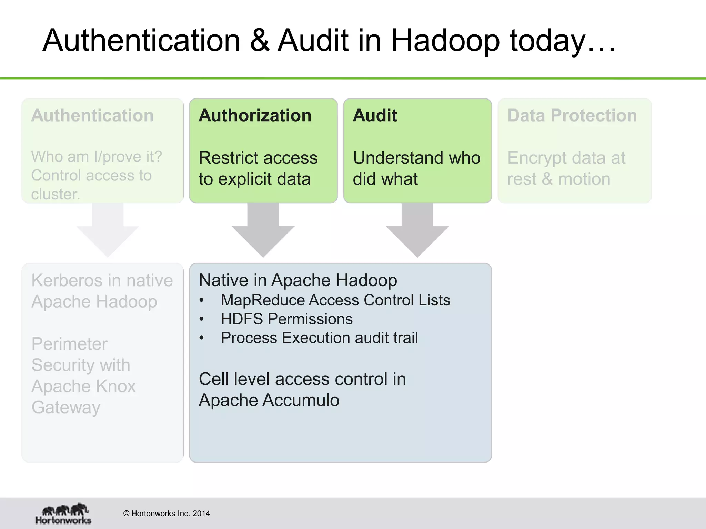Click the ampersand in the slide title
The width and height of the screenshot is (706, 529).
coord(259,41)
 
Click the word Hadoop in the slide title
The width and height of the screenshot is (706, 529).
coord(445,41)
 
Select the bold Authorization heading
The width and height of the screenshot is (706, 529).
coord(255,115)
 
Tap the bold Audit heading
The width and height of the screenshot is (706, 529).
coord(375,115)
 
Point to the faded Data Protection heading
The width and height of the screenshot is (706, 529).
coord(572,115)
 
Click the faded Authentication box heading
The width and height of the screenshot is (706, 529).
coord(92,115)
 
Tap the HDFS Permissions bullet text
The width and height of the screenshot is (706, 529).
coord(287,319)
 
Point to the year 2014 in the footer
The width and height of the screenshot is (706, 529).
coord(201,514)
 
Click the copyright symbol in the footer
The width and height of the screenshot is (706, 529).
coord(126,514)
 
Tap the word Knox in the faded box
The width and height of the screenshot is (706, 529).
coord(116,386)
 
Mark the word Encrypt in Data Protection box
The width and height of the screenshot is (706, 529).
coord(537,158)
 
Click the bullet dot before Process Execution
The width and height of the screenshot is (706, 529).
coord(202,338)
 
